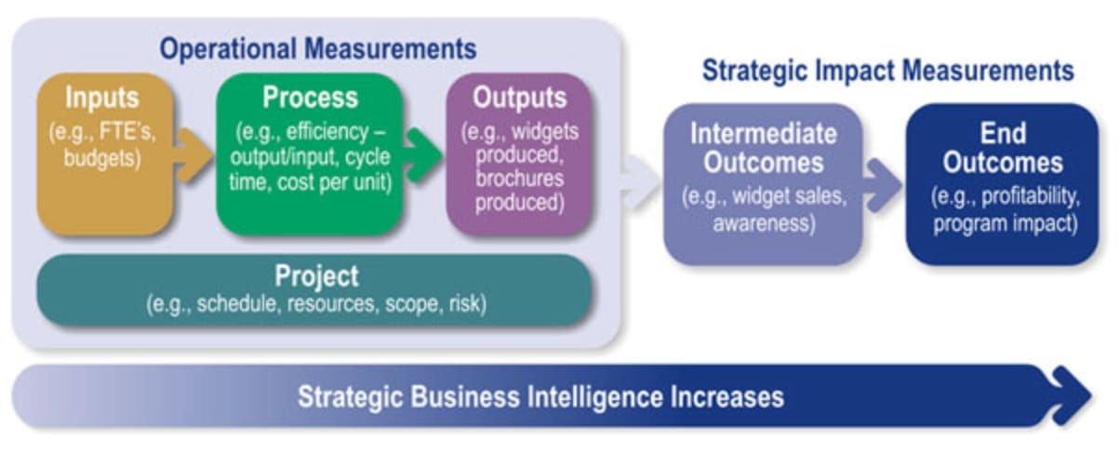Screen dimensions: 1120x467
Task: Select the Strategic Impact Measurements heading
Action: pos(887,71)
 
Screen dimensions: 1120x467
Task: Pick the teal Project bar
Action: pos(315,289)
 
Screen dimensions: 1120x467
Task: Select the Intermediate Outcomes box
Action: pos(763,181)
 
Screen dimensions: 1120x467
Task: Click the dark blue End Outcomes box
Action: pos(1002,181)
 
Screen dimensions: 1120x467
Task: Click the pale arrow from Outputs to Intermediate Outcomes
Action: pos(640,178)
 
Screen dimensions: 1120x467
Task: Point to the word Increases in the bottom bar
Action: pos(726,397)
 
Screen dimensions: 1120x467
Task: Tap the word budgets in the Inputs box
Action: pos(101,157)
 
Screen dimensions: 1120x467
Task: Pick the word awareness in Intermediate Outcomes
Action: pos(764,222)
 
